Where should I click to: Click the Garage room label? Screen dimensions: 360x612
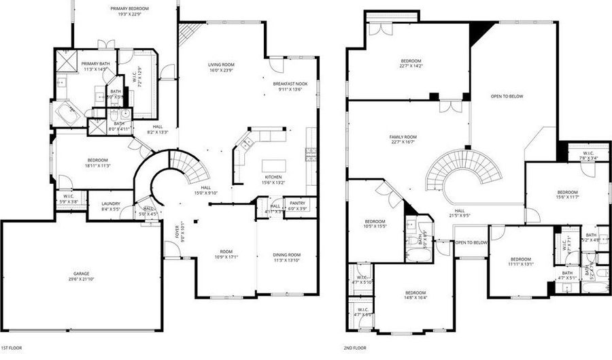(x=82, y=276)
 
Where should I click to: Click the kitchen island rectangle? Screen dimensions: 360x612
(x=275, y=165)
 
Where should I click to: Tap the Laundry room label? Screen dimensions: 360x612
(x=111, y=206)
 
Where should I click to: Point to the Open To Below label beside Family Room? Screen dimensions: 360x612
(x=507, y=97)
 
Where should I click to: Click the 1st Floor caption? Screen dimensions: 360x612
(x=12, y=348)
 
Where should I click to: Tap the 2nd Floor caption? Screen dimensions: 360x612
(x=357, y=348)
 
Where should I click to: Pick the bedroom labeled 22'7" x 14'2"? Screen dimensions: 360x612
(x=411, y=63)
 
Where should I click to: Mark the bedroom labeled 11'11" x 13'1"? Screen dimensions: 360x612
(x=521, y=261)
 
